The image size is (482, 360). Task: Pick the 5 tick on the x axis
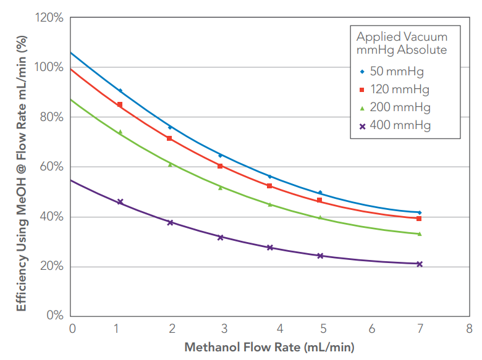click(x=319, y=327)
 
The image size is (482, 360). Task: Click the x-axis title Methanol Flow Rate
click(x=269, y=347)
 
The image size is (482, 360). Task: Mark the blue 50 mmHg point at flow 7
click(x=420, y=212)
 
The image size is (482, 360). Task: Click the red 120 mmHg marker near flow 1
click(x=120, y=104)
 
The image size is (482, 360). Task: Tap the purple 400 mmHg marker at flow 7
click(x=420, y=264)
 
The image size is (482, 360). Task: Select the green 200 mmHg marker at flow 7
click(x=420, y=233)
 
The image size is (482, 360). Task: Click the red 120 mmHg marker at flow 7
click(x=420, y=219)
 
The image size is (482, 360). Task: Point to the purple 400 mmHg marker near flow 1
click(x=120, y=202)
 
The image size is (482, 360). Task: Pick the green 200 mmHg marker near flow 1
click(x=120, y=132)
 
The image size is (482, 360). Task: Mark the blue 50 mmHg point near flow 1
click(x=120, y=91)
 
